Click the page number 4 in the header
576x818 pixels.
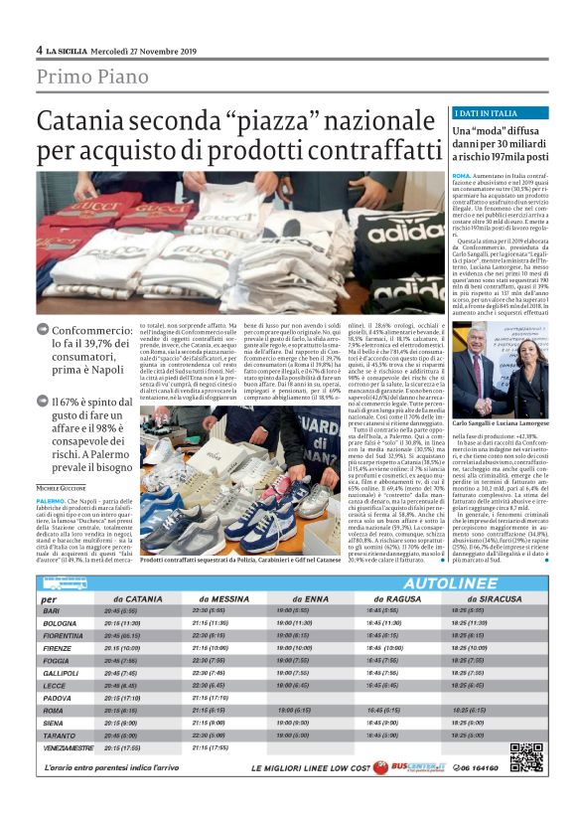pos(39,50)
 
